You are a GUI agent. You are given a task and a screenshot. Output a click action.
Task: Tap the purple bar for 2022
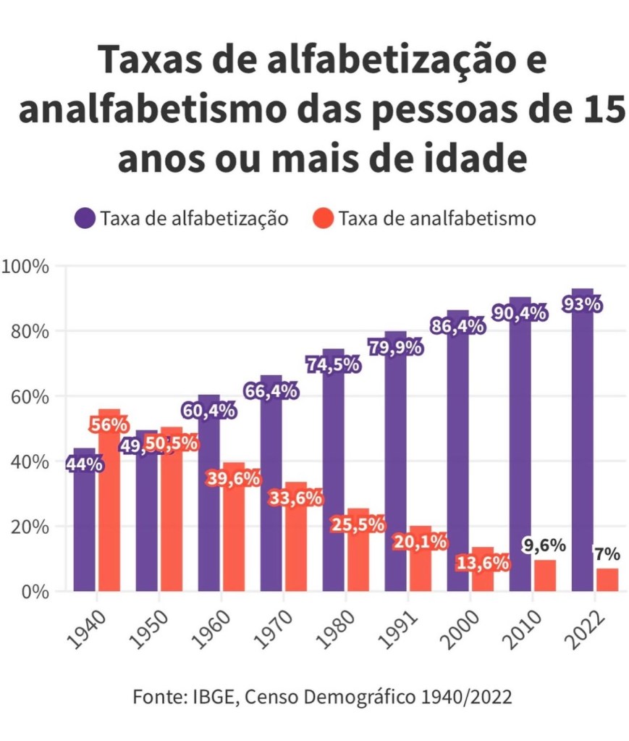tap(583, 449)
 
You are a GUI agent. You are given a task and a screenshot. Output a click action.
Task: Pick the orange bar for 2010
tap(545, 576)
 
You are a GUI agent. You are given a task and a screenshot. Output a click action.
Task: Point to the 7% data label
tap(607, 555)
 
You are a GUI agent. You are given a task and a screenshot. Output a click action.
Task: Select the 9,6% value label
tap(544, 545)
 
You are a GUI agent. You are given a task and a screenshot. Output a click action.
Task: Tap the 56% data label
tap(109, 425)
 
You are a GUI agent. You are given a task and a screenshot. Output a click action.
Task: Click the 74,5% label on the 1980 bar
tap(334, 364)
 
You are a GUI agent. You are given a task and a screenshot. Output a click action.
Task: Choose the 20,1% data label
tap(419, 541)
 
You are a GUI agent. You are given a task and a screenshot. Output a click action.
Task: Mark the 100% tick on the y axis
tap(26, 267)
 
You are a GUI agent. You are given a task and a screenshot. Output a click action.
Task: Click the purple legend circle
tap(85, 218)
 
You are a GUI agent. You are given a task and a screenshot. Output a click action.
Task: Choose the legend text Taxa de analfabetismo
tap(437, 218)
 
